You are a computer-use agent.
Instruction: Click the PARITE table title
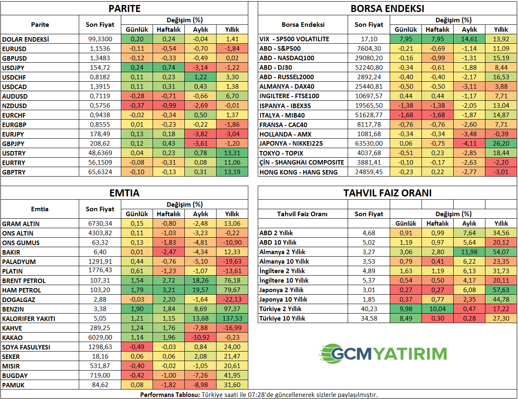click(125, 9)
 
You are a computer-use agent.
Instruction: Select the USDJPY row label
click(13, 68)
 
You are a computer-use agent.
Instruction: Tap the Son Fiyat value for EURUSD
click(100, 49)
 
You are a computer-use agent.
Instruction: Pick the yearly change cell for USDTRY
click(232, 153)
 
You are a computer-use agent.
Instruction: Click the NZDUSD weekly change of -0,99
click(169, 105)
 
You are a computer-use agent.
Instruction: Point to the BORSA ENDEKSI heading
click(387, 9)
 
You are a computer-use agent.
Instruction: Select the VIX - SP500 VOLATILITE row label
click(294, 39)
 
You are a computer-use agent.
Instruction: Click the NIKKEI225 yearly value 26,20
click(501, 143)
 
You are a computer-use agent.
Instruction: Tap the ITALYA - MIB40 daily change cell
click(406, 115)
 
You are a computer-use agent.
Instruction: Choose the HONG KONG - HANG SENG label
click(299, 172)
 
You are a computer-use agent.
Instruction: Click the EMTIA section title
click(125, 193)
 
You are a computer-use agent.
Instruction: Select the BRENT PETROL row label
click(24, 281)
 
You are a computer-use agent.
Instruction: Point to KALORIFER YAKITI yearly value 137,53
click(232, 319)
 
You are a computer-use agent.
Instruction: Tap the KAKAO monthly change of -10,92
click(200, 338)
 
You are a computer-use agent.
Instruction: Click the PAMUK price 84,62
click(100, 385)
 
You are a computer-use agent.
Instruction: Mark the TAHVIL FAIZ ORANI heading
click(387, 193)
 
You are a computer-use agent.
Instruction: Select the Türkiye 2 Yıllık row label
click(280, 309)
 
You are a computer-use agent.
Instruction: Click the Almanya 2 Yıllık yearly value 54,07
click(501, 252)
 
